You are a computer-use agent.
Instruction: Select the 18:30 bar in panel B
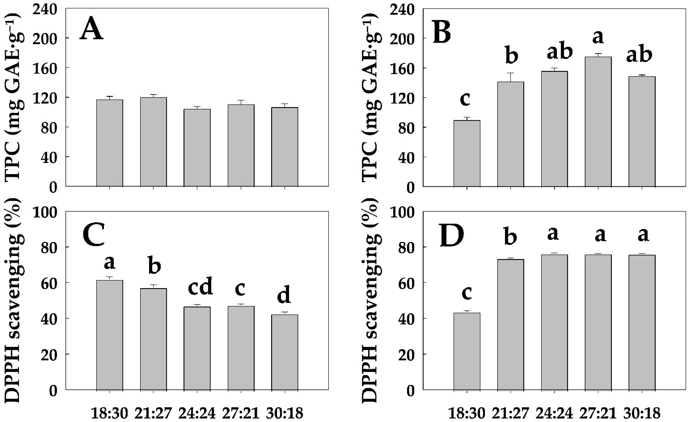pyautogui.click(x=467, y=153)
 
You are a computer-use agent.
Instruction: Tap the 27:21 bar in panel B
pyautogui.click(x=598, y=122)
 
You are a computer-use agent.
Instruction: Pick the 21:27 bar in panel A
pyautogui.click(x=153, y=142)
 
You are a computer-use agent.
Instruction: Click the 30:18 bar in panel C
pyautogui.click(x=285, y=352)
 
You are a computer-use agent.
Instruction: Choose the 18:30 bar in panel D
pyautogui.click(x=467, y=351)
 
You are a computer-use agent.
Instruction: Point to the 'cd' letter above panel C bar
pyautogui.click(x=200, y=286)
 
